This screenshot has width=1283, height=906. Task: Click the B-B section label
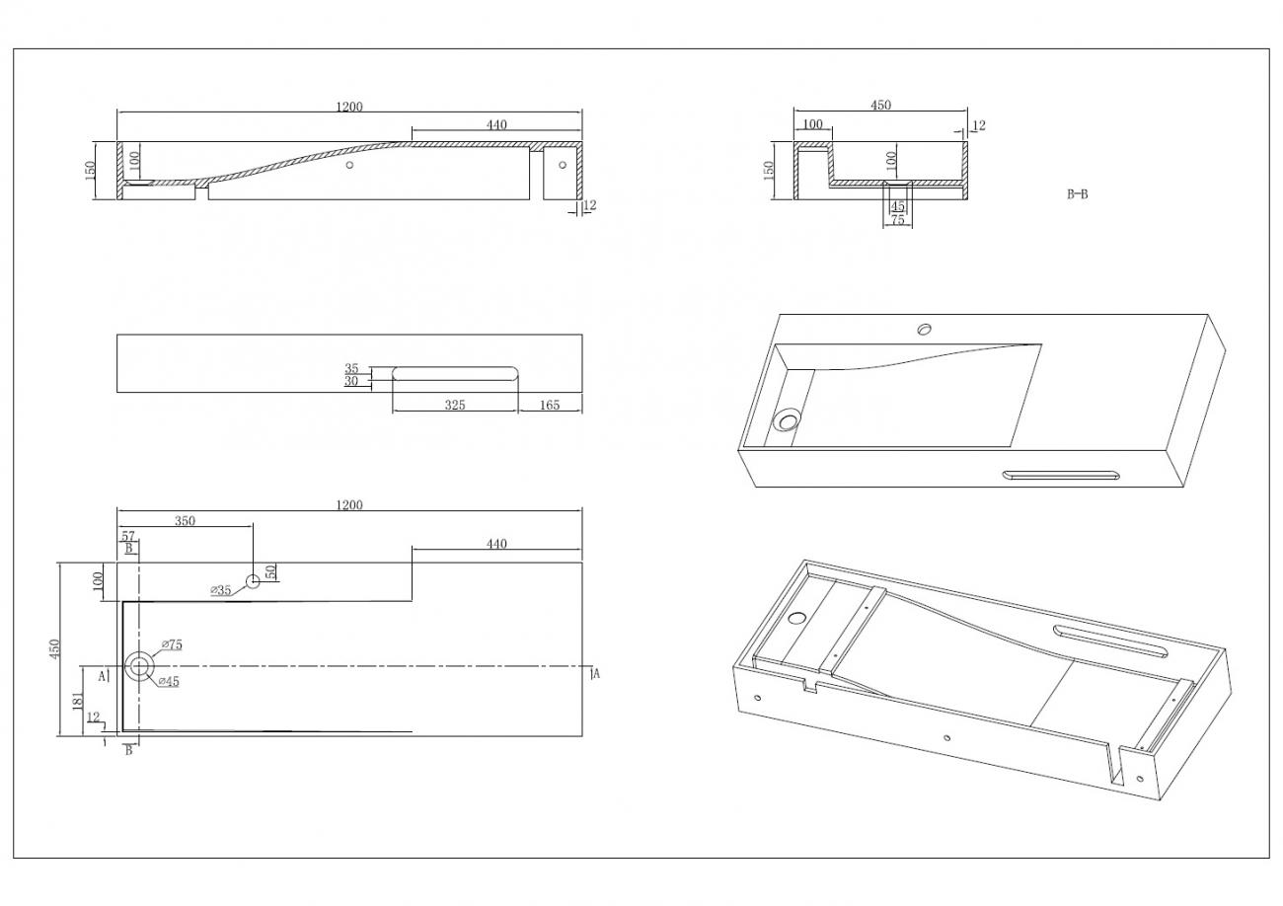[1078, 194]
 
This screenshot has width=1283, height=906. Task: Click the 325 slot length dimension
[455, 405]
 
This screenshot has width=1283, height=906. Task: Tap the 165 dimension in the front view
[550, 405]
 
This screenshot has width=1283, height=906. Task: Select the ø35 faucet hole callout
[220, 590]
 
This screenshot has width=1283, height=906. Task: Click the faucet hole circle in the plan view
[253, 581]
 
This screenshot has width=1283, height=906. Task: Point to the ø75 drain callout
[172, 644]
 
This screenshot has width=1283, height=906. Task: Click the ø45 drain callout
[169, 681]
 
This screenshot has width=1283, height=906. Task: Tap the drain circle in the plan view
[139, 666]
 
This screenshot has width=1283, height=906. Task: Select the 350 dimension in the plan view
[185, 520]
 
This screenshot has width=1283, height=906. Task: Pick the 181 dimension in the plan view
[78, 701]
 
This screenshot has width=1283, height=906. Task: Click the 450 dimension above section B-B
[880, 106]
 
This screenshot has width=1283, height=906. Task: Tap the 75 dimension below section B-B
[897, 219]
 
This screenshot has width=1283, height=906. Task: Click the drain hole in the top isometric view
[788, 419]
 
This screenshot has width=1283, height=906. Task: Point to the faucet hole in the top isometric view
[925, 330]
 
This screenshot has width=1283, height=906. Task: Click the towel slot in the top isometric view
[1061, 474]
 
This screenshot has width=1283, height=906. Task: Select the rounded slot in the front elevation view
[455, 373]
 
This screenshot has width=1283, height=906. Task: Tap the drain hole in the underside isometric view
[797, 618]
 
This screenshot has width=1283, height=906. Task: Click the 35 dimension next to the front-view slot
[351, 368]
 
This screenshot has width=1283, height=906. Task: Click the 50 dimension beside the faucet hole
[271, 571]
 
